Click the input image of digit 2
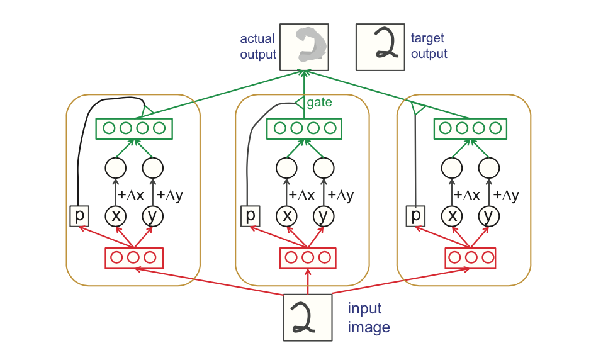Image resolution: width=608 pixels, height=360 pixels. pos(308,318)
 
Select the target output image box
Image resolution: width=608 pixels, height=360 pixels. pos(380,47)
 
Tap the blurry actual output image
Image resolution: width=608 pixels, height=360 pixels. pos(305,47)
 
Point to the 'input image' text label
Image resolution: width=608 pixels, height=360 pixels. pos(369,318)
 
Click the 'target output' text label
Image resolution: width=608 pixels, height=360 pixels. pos(429,47)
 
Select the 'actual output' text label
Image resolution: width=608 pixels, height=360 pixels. pos(258,47)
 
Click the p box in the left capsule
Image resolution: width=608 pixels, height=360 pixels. pos(79,217)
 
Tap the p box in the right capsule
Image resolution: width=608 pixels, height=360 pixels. pos(415,216)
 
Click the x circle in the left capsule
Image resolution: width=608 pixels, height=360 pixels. pos(115,217)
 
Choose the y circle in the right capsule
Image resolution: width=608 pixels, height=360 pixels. pos(487,217)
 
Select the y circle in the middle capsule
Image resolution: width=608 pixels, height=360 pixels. pos(323,217)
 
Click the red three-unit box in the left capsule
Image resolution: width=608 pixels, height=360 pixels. pos(133,257)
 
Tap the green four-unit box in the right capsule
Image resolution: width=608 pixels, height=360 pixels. pos(471,128)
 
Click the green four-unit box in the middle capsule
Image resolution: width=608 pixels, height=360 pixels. pos(304,128)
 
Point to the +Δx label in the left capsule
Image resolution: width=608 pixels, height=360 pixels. pos(131,195)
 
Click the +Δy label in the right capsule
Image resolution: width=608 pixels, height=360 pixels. pos(506,195)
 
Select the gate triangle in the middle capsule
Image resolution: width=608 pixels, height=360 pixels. pos(300,102)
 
